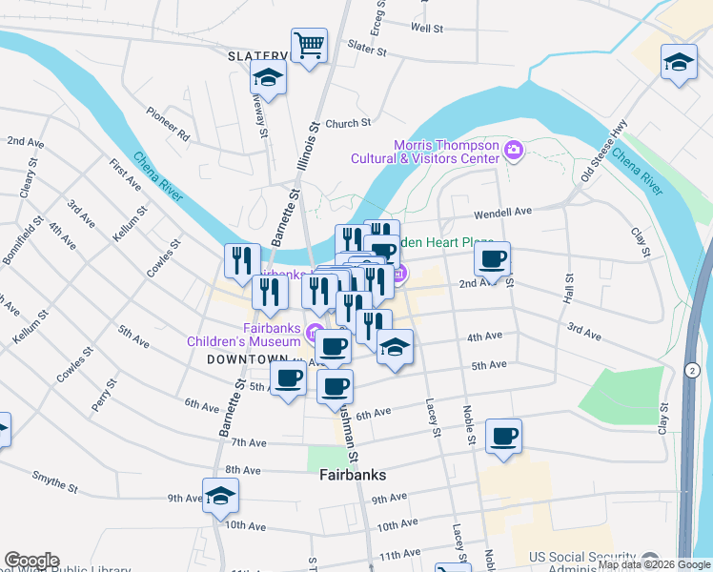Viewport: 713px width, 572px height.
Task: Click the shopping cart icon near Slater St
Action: pos(309,45)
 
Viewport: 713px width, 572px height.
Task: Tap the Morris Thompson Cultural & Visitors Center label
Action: pos(425,152)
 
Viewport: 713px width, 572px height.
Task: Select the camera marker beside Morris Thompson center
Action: pos(514,150)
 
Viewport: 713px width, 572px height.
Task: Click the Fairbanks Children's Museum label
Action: pos(245,333)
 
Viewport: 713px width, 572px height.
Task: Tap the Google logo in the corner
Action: pos(31,561)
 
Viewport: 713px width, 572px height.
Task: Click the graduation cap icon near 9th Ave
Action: pos(220,497)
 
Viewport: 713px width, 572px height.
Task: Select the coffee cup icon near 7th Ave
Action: pos(503,437)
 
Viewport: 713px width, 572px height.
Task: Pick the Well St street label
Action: pos(427,29)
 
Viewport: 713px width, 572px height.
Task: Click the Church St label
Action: pos(347,124)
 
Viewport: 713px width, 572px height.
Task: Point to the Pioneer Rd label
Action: pos(169,131)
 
